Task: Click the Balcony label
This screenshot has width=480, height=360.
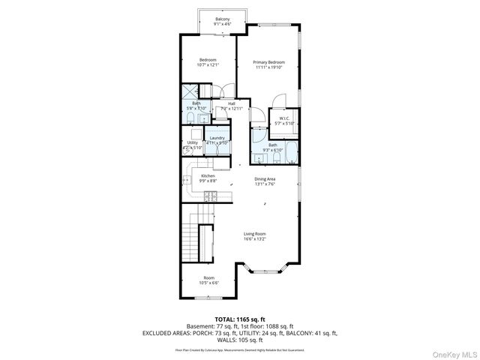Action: coord(223,19)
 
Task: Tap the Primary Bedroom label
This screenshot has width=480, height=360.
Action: coord(268,62)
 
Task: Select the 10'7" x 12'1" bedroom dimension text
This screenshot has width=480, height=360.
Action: coord(207,64)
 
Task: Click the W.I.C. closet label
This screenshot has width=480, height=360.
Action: coord(285,118)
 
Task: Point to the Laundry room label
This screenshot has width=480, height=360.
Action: coord(217,138)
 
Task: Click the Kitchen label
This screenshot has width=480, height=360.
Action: coord(208,175)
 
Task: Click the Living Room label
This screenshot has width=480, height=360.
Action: coord(255,234)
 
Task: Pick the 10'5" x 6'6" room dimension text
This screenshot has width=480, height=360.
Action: coord(208,282)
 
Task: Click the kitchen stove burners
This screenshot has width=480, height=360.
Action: coord(211,196)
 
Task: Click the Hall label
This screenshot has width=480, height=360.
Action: coord(232,103)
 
